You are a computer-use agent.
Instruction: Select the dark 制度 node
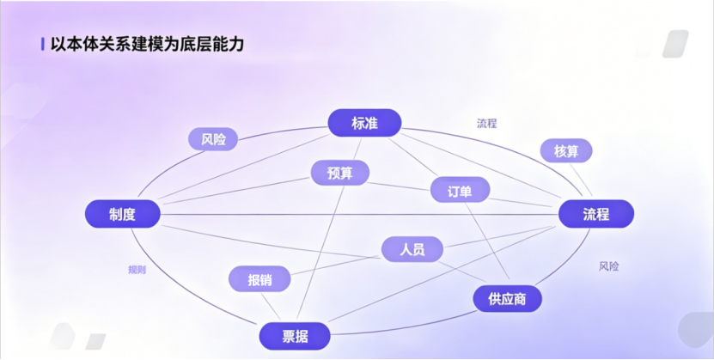pyautogui.click(x=122, y=214)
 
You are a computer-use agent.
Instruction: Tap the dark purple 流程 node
pyautogui.click(x=596, y=214)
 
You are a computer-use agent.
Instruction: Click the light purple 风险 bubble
pyautogui.click(x=213, y=139)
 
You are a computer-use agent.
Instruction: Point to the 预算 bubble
pyautogui.click(x=340, y=173)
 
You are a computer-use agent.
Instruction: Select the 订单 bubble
pyautogui.click(x=460, y=191)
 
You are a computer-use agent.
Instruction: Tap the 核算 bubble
pyautogui.click(x=566, y=151)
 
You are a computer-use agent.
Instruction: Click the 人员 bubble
pyautogui.click(x=412, y=249)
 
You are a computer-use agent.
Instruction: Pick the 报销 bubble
pyautogui.click(x=259, y=279)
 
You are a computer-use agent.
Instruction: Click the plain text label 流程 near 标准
pyautogui.click(x=487, y=123)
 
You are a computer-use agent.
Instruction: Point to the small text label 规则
pyautogui.click(x=137, y=270)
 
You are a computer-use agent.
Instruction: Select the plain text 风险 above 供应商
pyautogui.click(x=608, y=266)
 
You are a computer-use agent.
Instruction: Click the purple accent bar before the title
pyautogui.click(x=43, y=44)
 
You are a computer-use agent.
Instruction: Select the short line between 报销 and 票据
pyautogui.click(x=274, y=306)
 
